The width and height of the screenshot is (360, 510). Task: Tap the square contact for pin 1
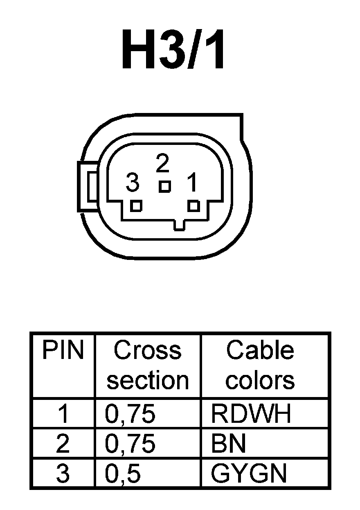[193, 205]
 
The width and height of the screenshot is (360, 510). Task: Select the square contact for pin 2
[164, 186]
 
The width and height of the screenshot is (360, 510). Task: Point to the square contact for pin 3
[136, 205]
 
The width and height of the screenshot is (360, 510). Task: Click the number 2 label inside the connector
[162, 164]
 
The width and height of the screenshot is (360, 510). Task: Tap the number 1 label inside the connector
[191, 182]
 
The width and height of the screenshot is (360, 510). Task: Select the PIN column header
[63, 351]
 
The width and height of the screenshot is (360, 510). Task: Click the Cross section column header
[148, 365]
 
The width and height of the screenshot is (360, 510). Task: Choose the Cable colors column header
[260, 365]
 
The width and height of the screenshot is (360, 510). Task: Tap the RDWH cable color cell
[251, 414]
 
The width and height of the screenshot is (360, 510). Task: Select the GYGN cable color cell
[248, 474]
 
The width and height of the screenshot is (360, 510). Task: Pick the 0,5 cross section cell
[123, 474]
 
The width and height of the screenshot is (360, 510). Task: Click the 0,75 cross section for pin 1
[130, 414]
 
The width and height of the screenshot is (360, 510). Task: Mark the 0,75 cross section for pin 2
[130, 444]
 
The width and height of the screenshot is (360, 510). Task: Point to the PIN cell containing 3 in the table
[63, 474]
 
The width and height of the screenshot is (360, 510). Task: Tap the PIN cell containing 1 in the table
[63, 414]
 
